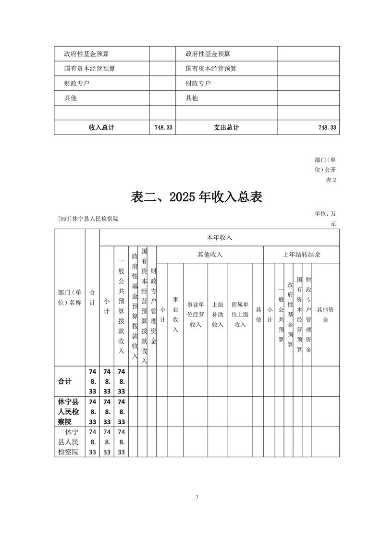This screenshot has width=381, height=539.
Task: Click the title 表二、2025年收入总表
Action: pos(197,197)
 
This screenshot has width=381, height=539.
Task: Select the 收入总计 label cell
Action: pos(102,127)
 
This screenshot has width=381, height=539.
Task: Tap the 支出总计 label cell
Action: pos(226,127)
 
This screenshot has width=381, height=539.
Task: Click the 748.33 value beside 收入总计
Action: pos(164,127)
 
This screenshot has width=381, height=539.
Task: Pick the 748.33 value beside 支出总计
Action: pos(327,127)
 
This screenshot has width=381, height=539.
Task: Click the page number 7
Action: pos(197,497)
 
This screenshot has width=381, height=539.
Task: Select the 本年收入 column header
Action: pos(219,237)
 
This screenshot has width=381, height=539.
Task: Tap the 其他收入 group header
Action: pos(210,255)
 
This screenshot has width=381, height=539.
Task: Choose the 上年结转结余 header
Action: pos(301,255)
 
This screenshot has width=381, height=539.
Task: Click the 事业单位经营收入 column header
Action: pos(196,314)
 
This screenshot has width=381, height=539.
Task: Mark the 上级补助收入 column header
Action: pos(218,314)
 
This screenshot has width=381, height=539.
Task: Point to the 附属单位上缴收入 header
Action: pos(240,314)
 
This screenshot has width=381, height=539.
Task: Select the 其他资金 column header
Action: pos(325,314)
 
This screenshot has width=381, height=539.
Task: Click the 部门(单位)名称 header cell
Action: pos(70,297)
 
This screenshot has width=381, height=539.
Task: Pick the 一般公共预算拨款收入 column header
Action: pos(122,306)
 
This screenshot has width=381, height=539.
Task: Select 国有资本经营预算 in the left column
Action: pos(90,69)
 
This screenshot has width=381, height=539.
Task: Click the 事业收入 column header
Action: pos(175,314)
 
